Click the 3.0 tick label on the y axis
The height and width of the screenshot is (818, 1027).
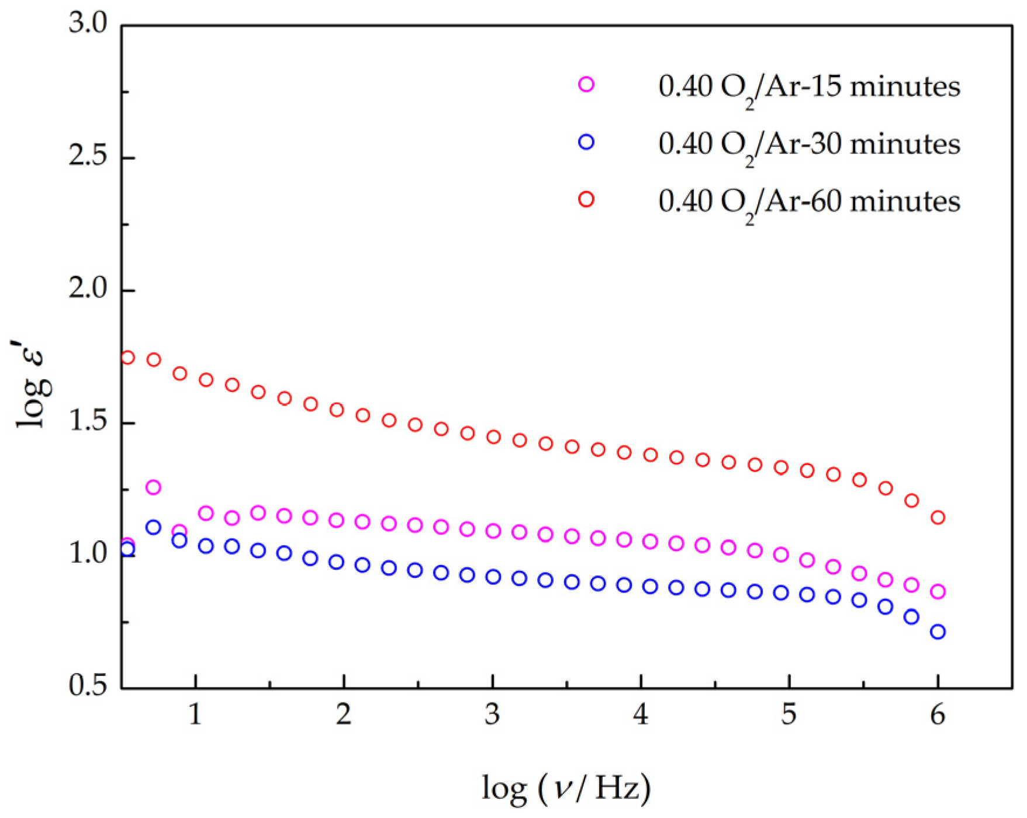(x=88, y=24)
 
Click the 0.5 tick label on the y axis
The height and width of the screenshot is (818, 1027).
(x=88, y=686)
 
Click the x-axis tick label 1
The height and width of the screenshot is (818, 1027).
(x=195, y=714)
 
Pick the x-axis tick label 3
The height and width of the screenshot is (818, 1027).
(x=492, y=714)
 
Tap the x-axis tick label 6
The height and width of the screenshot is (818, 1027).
(x=938, y=714)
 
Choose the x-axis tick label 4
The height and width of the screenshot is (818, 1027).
(x=641, y=714)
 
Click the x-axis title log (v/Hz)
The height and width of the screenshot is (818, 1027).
(x=566, y=788)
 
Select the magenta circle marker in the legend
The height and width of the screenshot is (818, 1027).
(x=586, y=85)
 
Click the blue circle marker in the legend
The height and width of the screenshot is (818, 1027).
(x=586, y=142)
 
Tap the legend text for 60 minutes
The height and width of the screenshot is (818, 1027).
(x=809, y=202)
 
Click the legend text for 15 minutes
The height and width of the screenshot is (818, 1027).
(x=809, y=87)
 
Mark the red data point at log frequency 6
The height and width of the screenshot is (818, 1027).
(x=938, y=518)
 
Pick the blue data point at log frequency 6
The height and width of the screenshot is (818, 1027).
(x=938, y=632)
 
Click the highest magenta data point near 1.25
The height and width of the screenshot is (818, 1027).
(x=153, y=487)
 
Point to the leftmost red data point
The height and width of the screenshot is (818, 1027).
(x=127, y=358)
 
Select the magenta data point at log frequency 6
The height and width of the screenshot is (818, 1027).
(x=938, y=592)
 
